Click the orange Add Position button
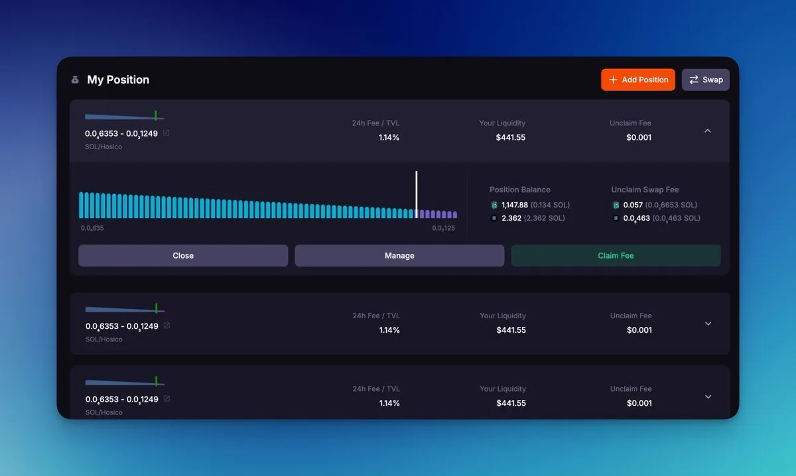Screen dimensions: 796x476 coord(638,80)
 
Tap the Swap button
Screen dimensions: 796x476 coord(705,80)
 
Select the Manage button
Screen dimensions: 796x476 coord(399,255)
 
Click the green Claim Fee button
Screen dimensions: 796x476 coord(616,255)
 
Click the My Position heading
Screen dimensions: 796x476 coord(118,80)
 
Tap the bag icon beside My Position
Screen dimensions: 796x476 coord(75,80)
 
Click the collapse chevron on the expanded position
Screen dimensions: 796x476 coord(708,131)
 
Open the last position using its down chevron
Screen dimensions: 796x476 coord(708,396)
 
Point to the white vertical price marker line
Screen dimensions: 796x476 coord(417,194)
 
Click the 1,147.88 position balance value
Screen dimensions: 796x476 coord(515,205)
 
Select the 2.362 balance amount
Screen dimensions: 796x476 coord(511,218)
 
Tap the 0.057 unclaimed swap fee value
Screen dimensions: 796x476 coord(633,205)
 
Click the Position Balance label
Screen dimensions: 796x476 coord(520,190)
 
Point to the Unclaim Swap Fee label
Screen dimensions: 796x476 coord(645,190)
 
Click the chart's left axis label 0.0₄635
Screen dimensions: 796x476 coord(92,228)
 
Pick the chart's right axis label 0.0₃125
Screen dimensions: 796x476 coord(443,228)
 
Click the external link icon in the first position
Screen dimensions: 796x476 coord(166,133)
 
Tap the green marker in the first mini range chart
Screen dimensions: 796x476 coord(156,115)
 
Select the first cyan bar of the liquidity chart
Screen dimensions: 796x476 coord(81,205)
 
